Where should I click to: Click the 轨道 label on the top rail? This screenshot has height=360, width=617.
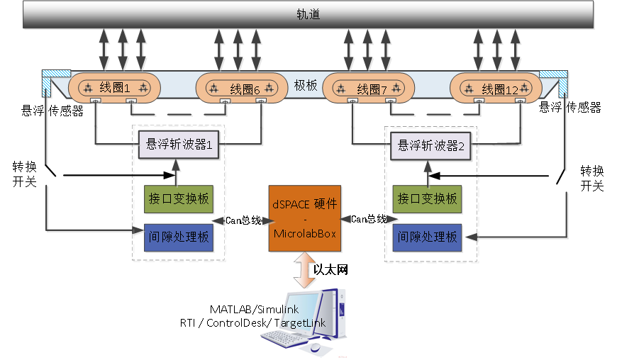click(x=308, y=14)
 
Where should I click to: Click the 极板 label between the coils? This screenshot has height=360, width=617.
click(x=306, y=85)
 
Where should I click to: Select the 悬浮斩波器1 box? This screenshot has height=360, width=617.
click(x=179, y=145)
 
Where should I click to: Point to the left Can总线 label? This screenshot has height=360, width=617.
click(x=243, y=220)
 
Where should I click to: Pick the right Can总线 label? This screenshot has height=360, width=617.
click(x=368, y=220)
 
